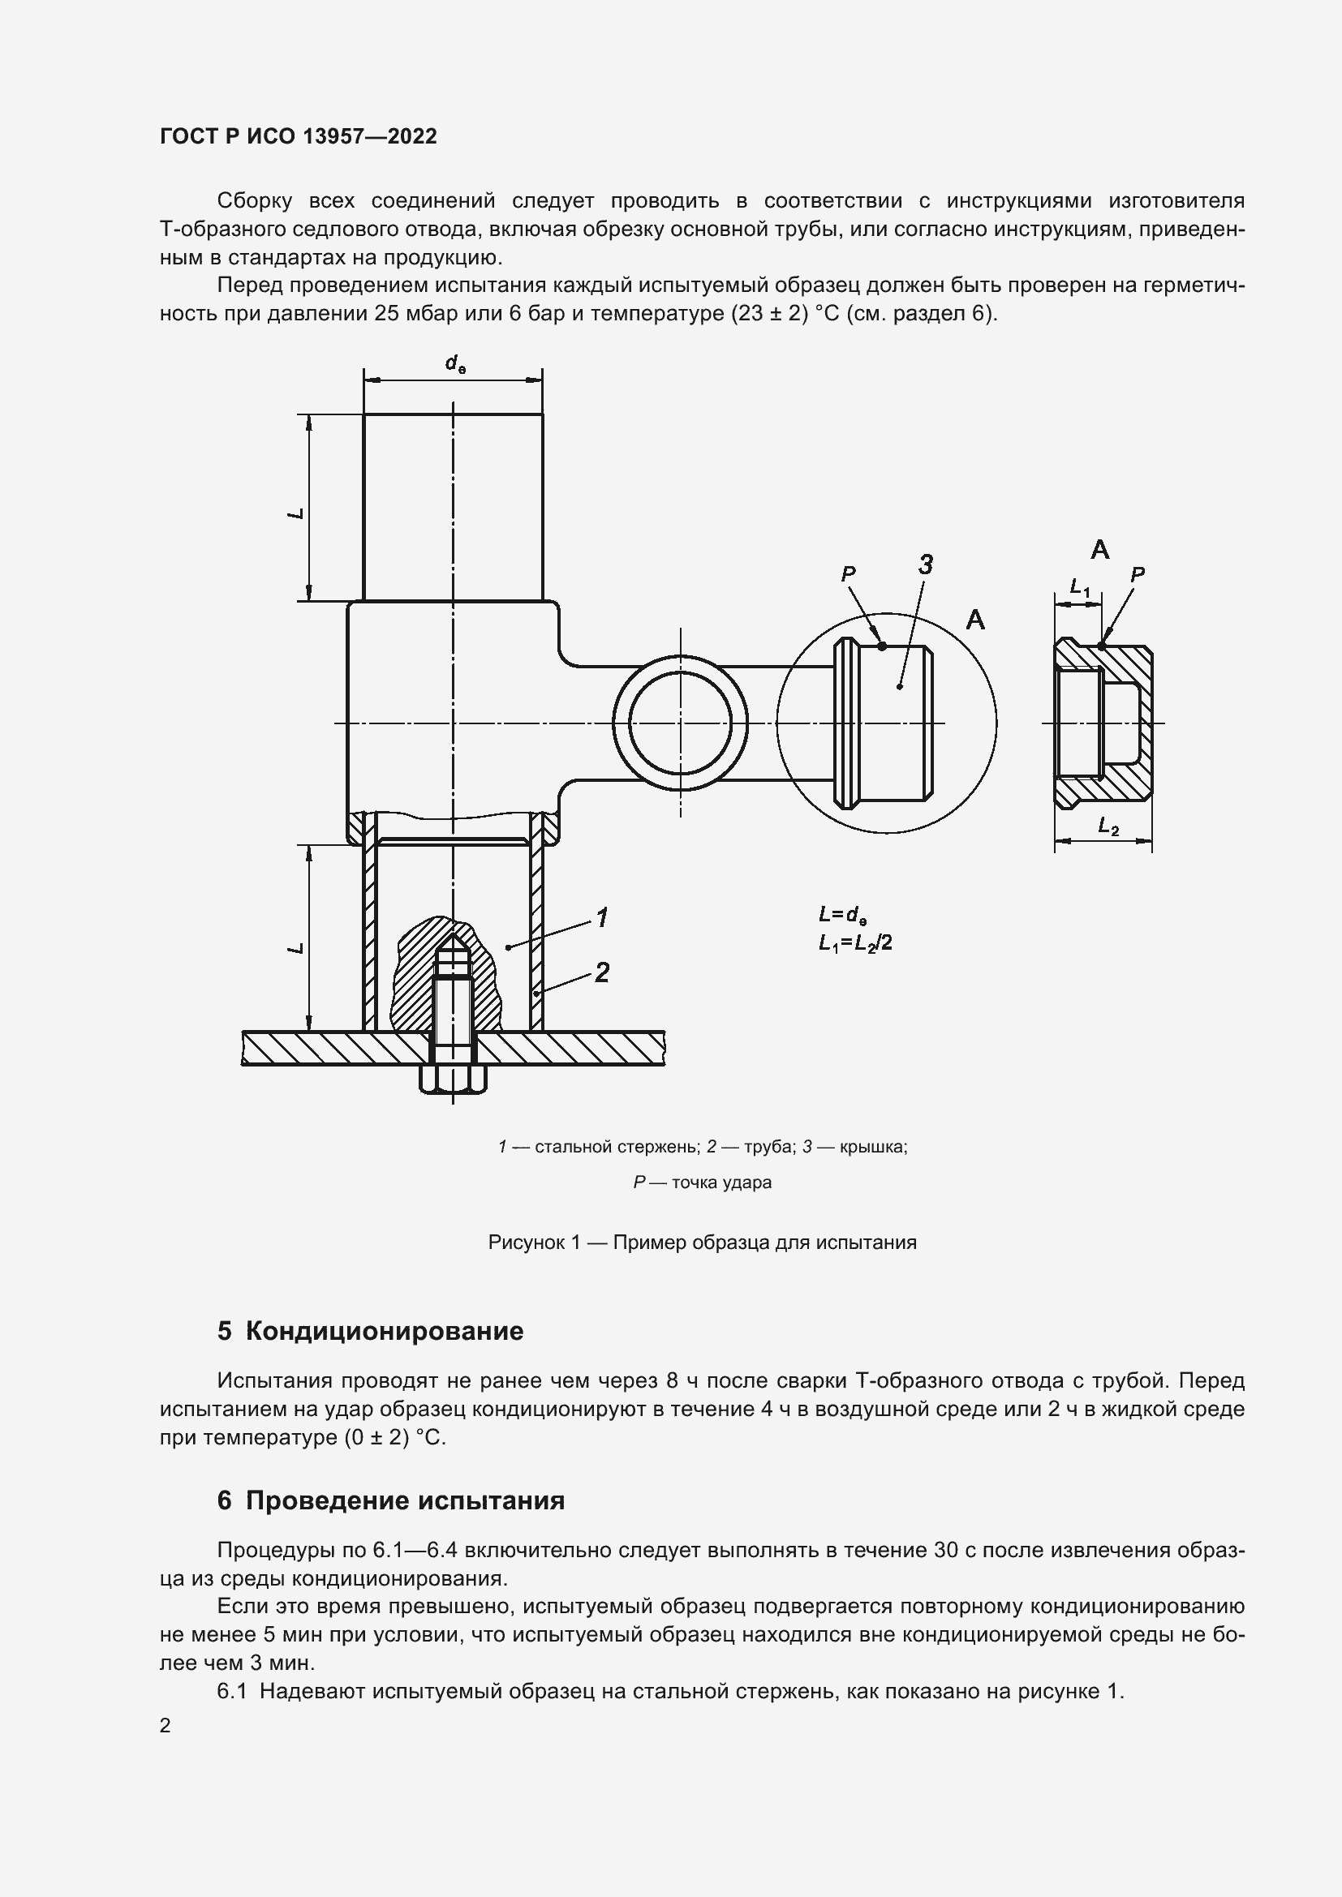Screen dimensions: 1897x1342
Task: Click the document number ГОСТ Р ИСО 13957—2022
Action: pos(298,136)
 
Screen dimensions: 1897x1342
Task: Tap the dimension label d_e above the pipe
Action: pos(454,363)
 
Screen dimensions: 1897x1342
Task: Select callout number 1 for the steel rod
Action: pos(602,917)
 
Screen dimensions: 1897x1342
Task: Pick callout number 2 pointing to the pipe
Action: pos(602,972)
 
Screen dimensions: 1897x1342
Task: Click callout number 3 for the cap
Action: pos(926,565)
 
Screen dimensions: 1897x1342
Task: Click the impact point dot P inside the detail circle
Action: pos(882,646)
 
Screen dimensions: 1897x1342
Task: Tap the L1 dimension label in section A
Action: pos(1080,587)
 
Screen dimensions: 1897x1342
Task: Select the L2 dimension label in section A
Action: pos(1108,826)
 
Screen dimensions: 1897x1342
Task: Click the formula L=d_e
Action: pos(843,915)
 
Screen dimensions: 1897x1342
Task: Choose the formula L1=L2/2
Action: pos(854,942)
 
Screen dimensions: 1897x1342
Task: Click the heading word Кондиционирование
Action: pos(385,1331)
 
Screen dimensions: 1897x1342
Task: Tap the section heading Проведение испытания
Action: pos(405,1500)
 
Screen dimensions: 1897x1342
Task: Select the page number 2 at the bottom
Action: pos(166,1725)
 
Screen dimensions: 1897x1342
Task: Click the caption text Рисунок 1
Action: pos(534,1242)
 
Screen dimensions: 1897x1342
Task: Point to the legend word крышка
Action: pos(871,1147)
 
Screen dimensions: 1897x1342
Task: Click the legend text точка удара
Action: pos(721,1182)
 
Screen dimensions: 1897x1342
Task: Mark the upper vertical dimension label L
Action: pos(297,513)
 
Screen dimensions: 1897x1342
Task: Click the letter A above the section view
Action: pos(1100,549)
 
